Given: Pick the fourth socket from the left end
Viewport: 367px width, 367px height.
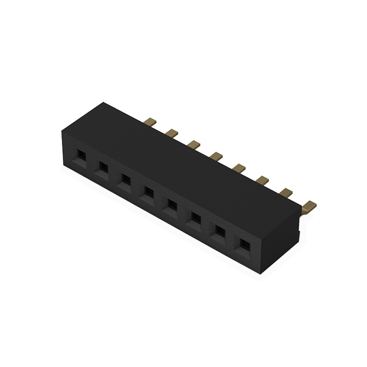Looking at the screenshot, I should [x=148, y=191].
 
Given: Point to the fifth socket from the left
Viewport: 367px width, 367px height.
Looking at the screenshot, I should [x=172, y=203].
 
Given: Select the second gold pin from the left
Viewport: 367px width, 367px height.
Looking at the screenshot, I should [x=172, y=133].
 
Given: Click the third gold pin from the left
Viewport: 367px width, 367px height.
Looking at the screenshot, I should [x=194, y=145].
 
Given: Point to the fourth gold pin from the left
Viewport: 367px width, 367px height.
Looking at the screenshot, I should [x=216, y=157].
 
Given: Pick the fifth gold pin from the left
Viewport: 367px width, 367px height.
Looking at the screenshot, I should [x=239, y=168].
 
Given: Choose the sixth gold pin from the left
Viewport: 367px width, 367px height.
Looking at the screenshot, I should [x=262, y=180].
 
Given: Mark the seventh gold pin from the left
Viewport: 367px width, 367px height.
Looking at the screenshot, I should [x=285, y=193].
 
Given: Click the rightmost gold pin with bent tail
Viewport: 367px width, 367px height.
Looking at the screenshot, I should [x=310, y=205].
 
